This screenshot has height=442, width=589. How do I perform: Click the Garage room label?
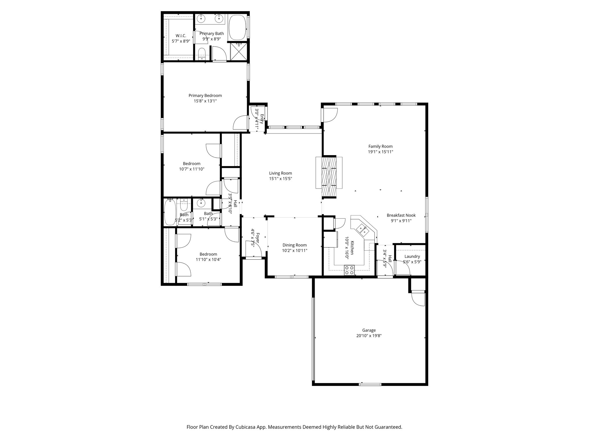[x=369, y=330]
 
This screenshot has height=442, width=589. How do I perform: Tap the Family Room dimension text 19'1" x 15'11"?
[x=380, y=152]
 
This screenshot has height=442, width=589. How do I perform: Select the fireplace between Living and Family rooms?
[x=329, y=176]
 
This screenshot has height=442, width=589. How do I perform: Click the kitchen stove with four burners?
[x=349, y=270]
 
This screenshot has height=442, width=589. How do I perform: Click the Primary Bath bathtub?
[x=238, y=28]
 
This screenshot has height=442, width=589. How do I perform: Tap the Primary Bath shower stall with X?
[x=238, y=52]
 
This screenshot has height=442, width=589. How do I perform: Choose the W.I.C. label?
[x=181, y=35]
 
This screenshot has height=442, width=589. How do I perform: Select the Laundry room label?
[x=412, y=256]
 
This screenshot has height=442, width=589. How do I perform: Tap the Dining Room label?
[x=294, y=245]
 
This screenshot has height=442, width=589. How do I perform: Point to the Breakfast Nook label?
[x=401, y=215]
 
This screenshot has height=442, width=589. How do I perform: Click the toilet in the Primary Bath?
[x=202, y=54]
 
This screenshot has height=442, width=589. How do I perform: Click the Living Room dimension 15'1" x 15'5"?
[x=280, y=179]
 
